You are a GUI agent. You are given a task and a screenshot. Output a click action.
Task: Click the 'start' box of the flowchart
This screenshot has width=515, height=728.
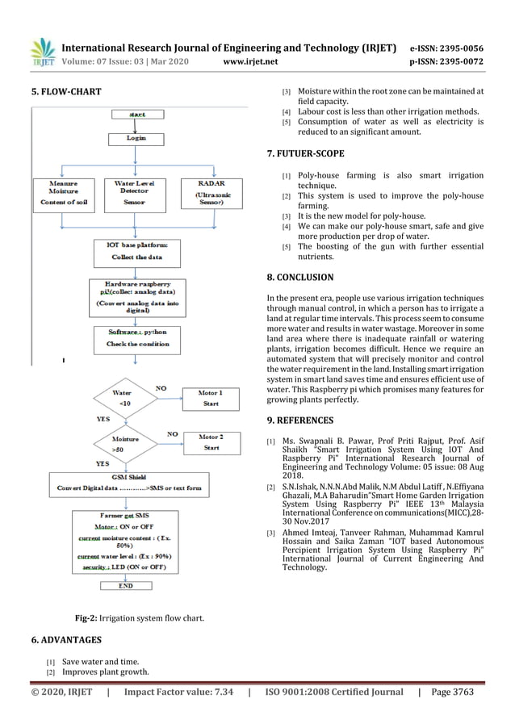[137, 115]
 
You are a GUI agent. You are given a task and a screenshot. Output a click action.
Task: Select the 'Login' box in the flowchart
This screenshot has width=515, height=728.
[136, 138]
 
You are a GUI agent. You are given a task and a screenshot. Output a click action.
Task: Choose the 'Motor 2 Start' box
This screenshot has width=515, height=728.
[211, 442]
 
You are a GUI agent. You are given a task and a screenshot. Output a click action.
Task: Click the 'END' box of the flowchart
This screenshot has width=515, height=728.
[125, 586]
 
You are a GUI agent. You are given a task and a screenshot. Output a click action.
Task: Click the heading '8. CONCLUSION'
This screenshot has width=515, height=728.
[299, 278]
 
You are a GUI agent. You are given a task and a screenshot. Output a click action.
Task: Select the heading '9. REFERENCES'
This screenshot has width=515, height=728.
[299, 420]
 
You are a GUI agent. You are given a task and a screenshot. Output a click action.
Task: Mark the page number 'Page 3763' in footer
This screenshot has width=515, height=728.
[453, 692]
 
